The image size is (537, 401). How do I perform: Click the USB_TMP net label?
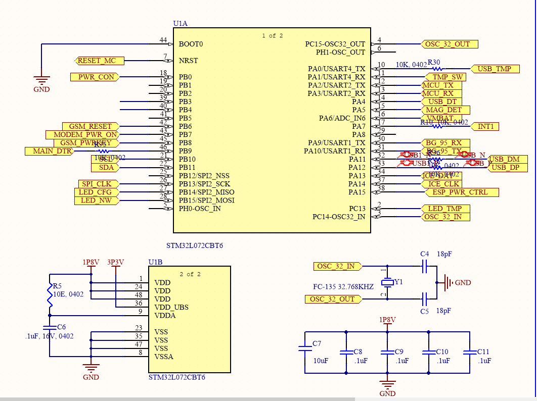click(x=495, y=69)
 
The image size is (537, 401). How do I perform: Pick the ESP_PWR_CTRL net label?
click(x=460, y=192)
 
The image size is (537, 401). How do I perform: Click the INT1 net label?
click(x=485, y=126)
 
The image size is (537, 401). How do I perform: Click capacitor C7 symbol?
click(x=305, y=347)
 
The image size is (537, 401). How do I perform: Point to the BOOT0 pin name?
click(x=191, y=44)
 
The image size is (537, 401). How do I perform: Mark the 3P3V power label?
click(x=116, y=262)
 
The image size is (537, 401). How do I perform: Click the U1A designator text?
click(x=181, y=24)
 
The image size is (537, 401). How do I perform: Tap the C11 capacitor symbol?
click(x=470, y=352)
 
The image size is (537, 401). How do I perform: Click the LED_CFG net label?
click(x=96, y=192)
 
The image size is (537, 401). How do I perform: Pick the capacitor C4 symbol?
click(x=425, y=266)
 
